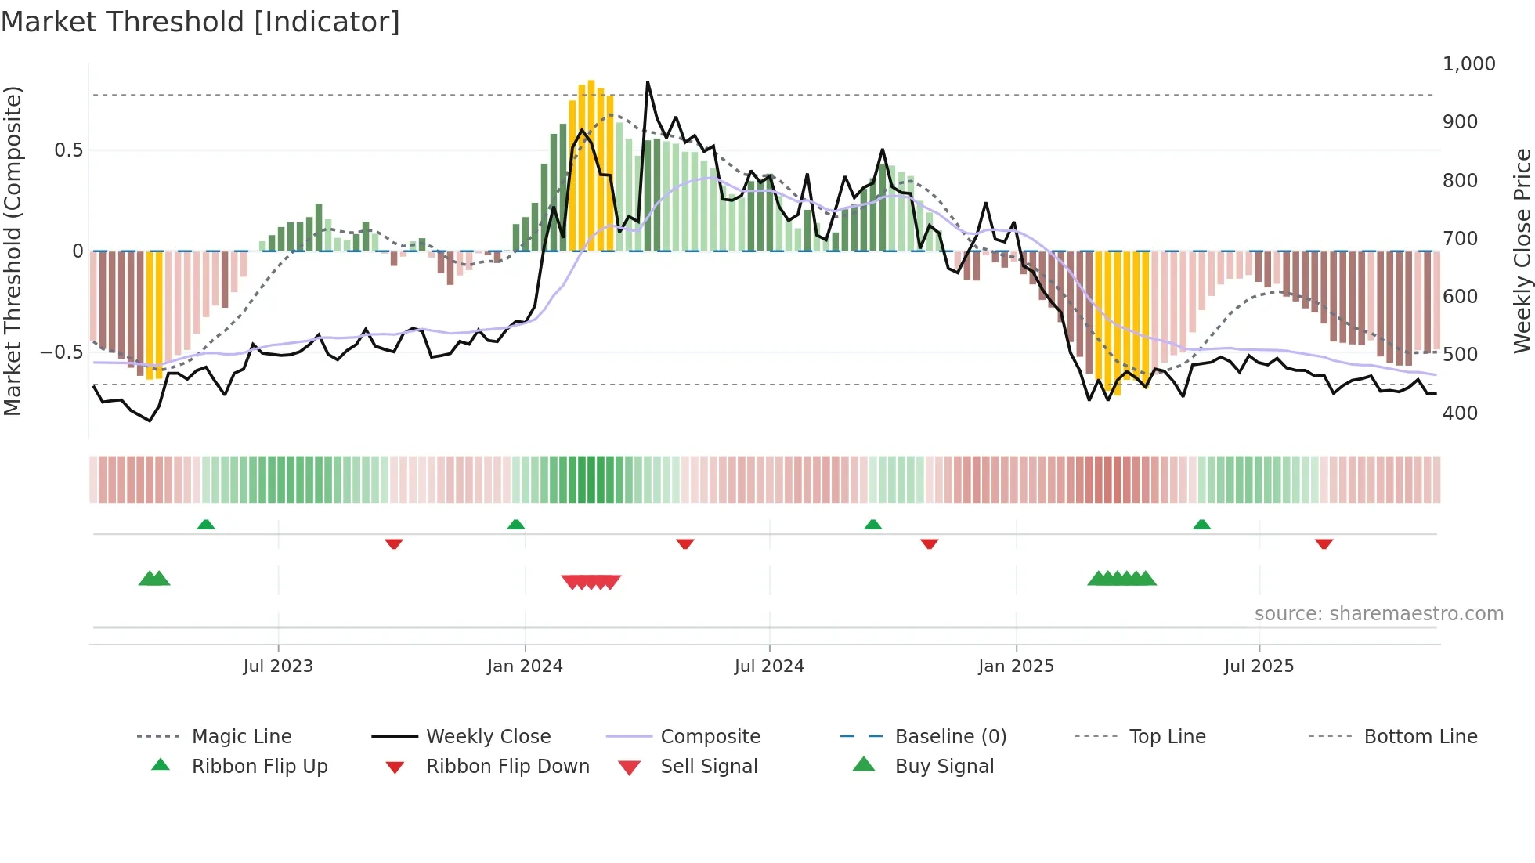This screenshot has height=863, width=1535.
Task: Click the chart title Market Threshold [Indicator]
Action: [x=200, y=22]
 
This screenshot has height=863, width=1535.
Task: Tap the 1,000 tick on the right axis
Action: [x=1468, y=64]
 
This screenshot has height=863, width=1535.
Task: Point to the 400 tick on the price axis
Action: [x=1460, y=413]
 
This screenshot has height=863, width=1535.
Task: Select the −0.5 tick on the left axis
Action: [x=61, y=352]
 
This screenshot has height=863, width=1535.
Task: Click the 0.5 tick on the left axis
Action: [x=68, y=150]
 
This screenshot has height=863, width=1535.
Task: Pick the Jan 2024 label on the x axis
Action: [x=524, y=666]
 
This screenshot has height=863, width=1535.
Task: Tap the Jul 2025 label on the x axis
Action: [x=1259, y=666]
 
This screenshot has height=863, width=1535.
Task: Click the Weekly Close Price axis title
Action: [x=1522, y=251]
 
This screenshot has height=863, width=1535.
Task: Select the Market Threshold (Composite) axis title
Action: [x=13, y=251]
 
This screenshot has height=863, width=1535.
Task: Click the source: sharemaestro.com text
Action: [x=1378, y=614]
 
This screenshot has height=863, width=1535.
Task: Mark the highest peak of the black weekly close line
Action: [x=648, y=82]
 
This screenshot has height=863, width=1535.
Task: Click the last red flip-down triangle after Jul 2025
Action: [x=1324, y=544]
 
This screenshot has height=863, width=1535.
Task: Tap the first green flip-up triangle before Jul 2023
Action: [x=206, y=525]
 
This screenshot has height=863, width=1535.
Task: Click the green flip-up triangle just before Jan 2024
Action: [x=515, y=525]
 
